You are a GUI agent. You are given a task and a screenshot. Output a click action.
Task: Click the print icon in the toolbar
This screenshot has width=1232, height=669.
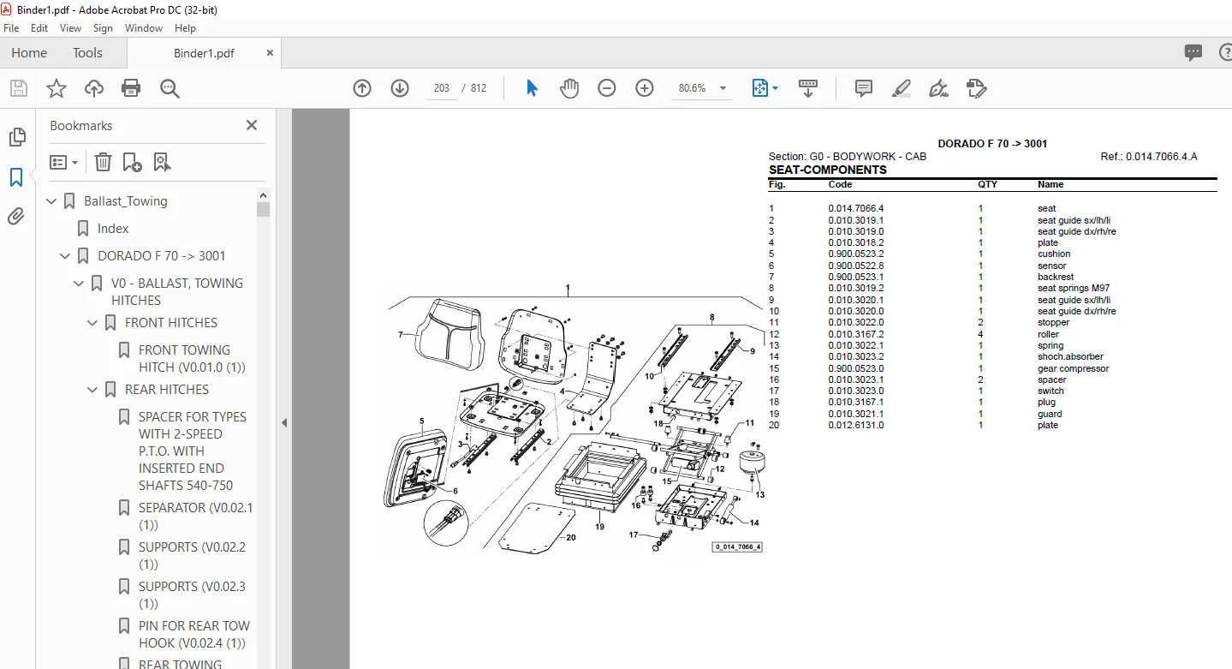click(131, 88)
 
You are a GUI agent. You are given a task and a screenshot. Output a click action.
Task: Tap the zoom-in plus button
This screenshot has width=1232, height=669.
click(644, 88)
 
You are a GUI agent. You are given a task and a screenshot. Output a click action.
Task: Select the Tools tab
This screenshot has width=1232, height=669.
click(87, 53)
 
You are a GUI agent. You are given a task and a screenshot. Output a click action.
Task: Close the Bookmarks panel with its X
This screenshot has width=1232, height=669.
click(252, 125)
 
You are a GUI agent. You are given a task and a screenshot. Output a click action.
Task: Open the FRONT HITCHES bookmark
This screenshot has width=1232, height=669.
click(171, 322)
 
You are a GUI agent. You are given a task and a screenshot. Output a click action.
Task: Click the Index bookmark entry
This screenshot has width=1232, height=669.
click(113, 229)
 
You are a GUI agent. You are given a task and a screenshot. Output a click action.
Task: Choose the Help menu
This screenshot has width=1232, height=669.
click(185, 28)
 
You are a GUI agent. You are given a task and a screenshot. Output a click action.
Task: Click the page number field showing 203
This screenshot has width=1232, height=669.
click(441, 88)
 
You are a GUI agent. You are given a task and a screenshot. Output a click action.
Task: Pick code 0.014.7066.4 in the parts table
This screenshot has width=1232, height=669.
click(856, 208)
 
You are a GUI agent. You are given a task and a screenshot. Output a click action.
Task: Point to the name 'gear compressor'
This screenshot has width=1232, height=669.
click(1073, 368)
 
